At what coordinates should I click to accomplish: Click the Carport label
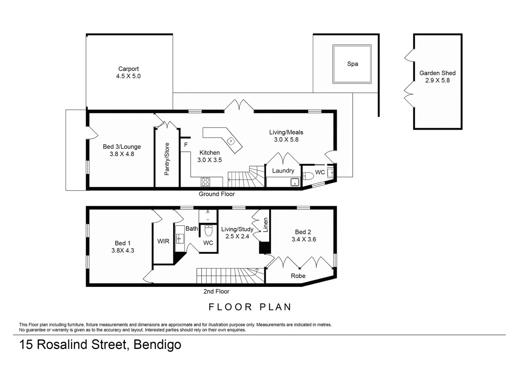coord(128,69)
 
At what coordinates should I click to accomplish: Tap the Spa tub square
coord(352,64)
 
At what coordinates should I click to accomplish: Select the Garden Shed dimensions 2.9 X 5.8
coord(437,81)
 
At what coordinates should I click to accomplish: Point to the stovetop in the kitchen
coord(205,182)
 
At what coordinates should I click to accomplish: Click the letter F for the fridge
coord(186,145)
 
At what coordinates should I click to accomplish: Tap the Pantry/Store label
coord(167,159)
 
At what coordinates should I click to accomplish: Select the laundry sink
coord(294,182)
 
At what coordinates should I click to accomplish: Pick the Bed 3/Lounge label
coord(122,147)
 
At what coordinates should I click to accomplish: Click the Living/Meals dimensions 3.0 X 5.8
coord(286,140)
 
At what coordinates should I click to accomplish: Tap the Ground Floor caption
coord(217,194)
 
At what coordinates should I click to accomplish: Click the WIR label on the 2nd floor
coord(163,241)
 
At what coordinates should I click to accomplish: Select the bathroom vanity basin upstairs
coord(180,239)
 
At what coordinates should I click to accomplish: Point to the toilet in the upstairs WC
coord(208,231)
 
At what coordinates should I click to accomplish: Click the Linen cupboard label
coord(266,225)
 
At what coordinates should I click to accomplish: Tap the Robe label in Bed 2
coord(298,276)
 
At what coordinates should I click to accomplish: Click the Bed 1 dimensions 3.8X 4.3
coord(123,251)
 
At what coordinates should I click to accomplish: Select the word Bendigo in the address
coord(157,345)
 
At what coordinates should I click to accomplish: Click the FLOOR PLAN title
coord(250,307)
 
